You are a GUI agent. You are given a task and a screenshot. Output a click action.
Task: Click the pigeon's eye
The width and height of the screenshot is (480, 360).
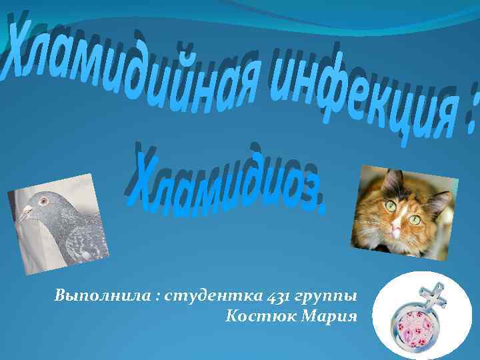[44, 200]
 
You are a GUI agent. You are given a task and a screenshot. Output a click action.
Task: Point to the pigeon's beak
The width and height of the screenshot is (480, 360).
[26, 213]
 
